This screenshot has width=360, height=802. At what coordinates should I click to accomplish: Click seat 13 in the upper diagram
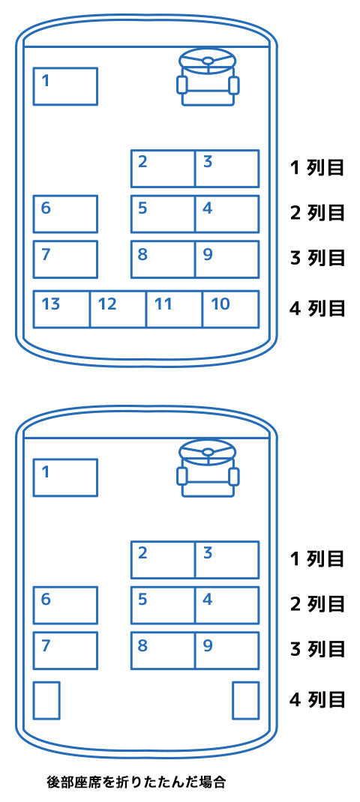(62, 309)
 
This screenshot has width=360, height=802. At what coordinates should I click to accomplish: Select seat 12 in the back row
(118, 309)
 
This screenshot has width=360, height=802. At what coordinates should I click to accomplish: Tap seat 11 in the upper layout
(175, 309)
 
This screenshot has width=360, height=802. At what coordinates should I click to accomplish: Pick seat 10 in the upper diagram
(230, 309)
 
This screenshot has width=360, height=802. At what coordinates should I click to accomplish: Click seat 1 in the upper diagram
(65, 86)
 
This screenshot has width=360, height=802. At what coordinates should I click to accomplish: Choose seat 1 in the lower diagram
(65, 477)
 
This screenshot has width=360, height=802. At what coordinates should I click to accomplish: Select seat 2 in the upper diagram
(163, 169)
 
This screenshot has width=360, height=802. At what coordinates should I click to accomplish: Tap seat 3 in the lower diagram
(226, 560)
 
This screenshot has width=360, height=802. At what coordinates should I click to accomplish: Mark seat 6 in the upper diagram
(65, 214)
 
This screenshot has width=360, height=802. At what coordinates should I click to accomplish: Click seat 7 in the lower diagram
(65, 651)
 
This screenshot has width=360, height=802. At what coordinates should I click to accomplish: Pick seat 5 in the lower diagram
(163, 605)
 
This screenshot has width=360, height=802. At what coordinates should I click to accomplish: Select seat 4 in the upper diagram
(226, 214)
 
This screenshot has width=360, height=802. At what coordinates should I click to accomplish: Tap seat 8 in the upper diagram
(163, 259)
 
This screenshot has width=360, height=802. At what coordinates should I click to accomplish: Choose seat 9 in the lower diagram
(226, 651)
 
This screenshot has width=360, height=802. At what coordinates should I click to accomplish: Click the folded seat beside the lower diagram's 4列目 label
(246, 700)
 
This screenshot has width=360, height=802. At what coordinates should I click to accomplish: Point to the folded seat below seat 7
(46, 700)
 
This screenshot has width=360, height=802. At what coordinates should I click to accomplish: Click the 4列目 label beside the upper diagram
(316, 309)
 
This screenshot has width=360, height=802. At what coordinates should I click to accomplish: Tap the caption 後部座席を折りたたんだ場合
(136, 782)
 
